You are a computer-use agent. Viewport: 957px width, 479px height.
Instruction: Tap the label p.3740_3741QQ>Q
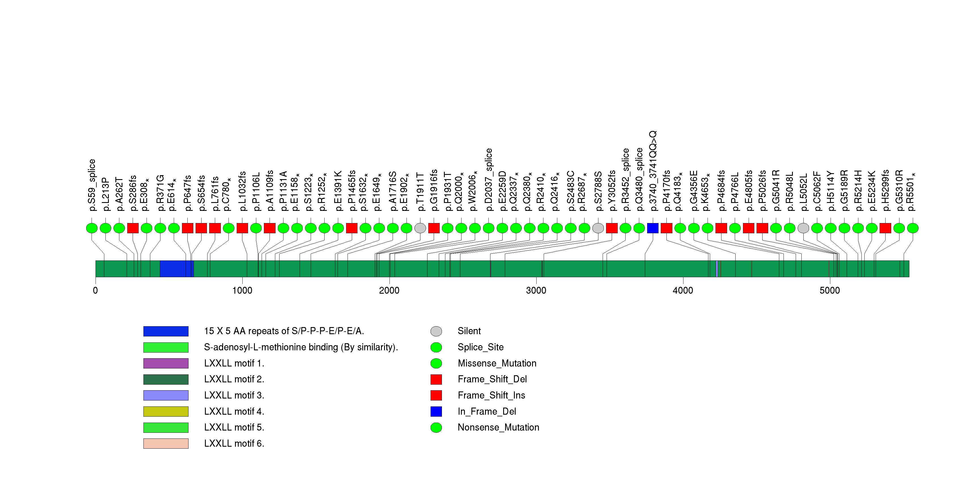click(x=653, y=171)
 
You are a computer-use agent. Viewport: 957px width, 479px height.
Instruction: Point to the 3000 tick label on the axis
click(x=536, y=290)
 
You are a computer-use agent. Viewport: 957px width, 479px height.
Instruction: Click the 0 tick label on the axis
click(x=96, y=290)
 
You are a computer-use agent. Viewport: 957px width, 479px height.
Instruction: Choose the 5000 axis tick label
click(x=829, y=290)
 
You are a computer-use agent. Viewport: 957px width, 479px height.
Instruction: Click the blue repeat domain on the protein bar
click(x=175, y=268)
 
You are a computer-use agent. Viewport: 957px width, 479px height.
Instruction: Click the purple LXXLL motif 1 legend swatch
click(x=166, y=363)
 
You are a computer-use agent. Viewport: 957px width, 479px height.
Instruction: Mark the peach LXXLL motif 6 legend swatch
click(x=166, y=443)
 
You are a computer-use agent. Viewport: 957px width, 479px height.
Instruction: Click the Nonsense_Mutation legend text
click(x=498, y=427)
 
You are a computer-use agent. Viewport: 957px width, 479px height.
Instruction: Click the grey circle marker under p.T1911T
click(x=420, y=228)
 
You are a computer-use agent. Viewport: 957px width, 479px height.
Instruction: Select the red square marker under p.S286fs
click(x=133, y=228)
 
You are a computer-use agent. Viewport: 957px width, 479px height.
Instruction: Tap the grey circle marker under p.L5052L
click(x=803, y=228)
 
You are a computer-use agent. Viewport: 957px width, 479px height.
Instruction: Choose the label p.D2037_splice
click(x=488, y=180)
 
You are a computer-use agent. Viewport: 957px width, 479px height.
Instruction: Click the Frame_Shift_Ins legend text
click(x=491, y=395)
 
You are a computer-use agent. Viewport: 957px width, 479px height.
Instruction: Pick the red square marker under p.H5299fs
click(x=885, y=228)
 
